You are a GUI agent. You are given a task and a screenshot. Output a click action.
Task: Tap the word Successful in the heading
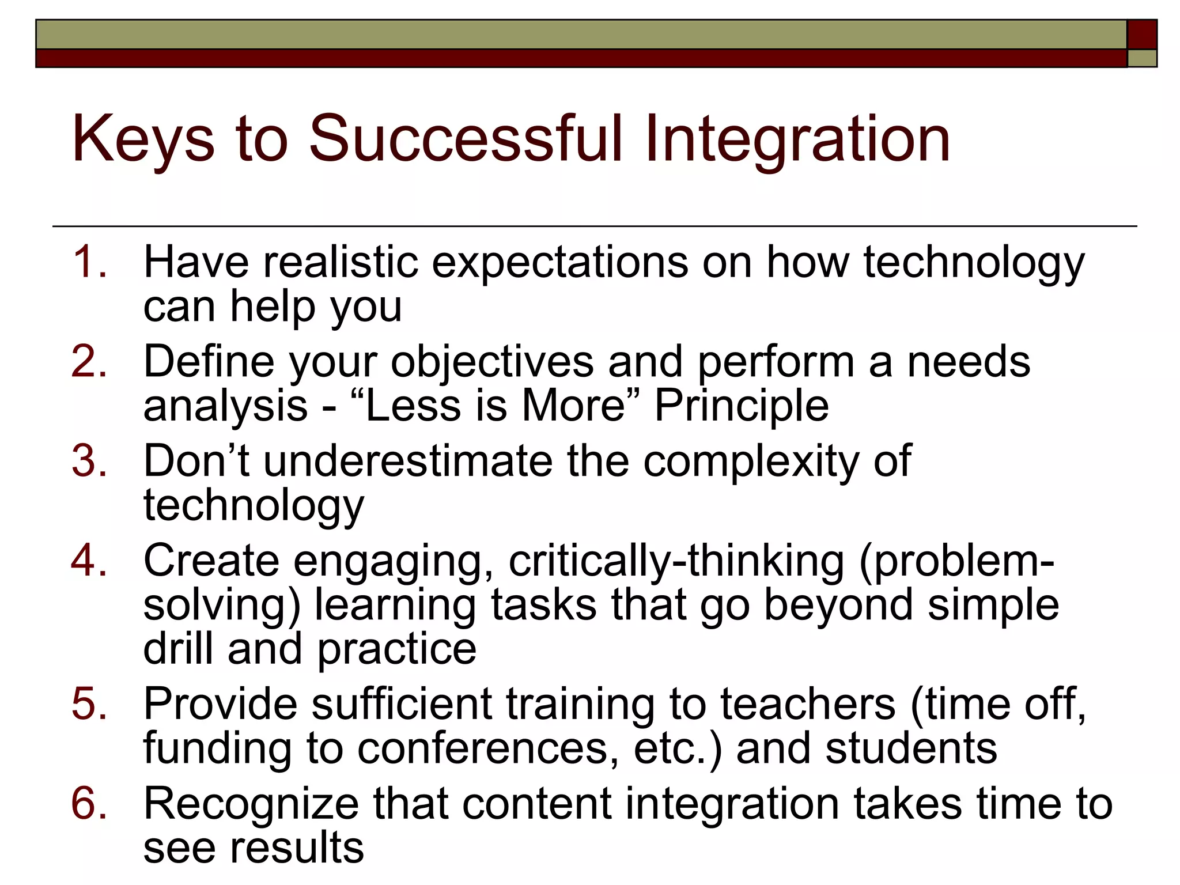click(x=466, y=138)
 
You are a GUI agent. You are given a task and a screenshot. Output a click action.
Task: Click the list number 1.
click(x=89, y=262)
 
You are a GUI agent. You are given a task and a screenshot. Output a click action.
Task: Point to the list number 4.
click(x=89, y=561)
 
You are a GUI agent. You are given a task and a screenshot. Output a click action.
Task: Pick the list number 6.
click(x=89, y=804)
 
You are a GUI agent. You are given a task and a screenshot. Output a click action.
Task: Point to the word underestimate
click(x=408, y=461)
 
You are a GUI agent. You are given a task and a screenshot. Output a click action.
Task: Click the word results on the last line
click(x=297, y=848)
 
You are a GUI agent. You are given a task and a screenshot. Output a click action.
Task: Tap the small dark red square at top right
click(x=1141, y=35)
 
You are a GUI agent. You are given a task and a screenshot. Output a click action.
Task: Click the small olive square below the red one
click(x=1142, y=58)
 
